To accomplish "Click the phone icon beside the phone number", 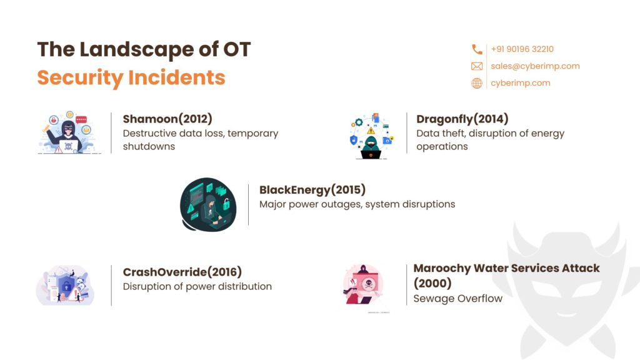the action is point(477,49).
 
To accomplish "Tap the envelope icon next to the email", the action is point(477,66).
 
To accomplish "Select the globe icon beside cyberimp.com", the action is point(477,83).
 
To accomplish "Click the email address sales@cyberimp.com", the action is point(535,66).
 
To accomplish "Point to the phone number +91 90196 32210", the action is point(522,49).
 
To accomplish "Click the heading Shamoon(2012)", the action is point(167,119).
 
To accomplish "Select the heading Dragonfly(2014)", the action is point(462,119).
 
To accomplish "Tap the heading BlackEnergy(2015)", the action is point(312,190).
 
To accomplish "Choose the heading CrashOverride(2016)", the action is point(182,272).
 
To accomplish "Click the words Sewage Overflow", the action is point(457,298).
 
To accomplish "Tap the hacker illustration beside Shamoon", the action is point(69,132).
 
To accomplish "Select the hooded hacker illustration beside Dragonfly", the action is point(371,136).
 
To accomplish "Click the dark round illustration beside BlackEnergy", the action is point(208,204).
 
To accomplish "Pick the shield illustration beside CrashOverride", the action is point(65,285).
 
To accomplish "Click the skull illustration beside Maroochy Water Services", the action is point(364,285).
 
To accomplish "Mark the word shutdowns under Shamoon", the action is point(149,146).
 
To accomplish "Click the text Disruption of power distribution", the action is point(197,286).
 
